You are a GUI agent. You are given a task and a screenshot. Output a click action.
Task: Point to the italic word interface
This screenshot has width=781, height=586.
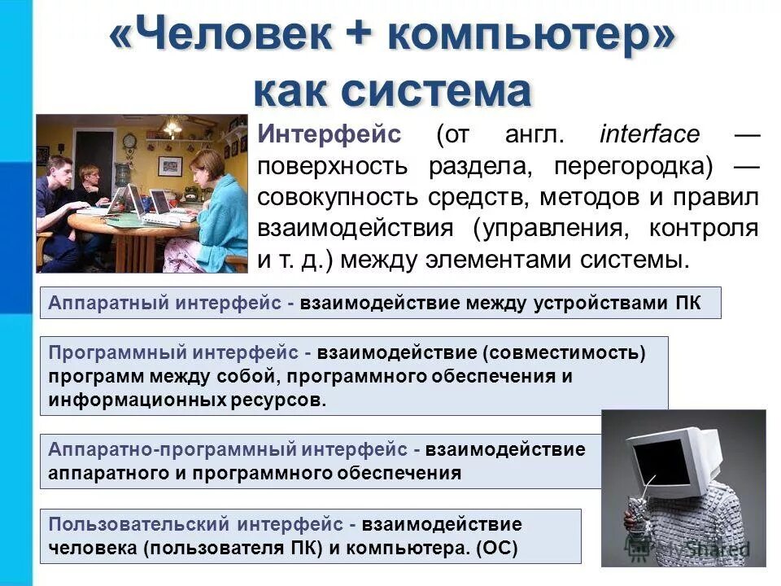(x=649, y=133)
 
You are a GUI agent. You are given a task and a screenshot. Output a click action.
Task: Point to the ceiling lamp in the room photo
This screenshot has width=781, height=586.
(x=172, y=126)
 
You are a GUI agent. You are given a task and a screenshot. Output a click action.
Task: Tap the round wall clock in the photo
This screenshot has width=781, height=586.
(x=129, y=142)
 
